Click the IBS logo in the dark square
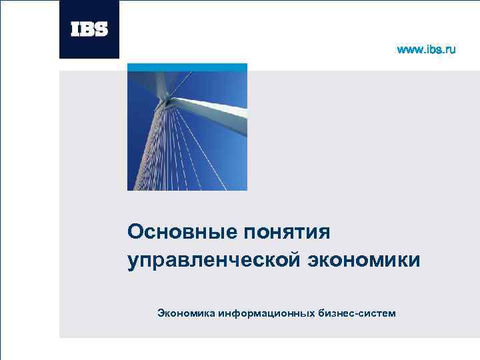click(x=89, y=29)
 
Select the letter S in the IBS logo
click(x=102, y=29)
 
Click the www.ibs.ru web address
click(x=426, y=50)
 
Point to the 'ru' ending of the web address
click(x=451, y=50)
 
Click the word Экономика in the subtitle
click(x=185, y=312)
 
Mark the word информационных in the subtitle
click(x=265, y=313)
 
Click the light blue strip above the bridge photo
click(x=187, y=67)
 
